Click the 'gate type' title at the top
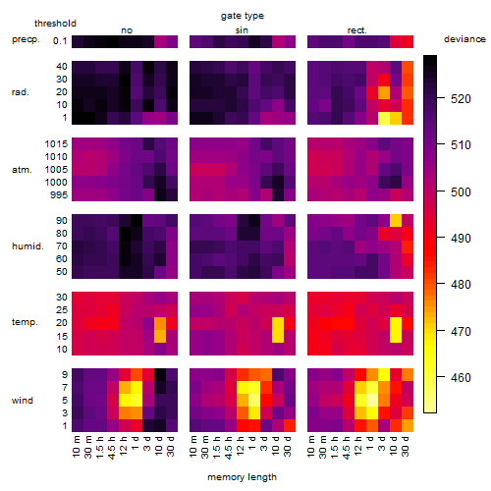(243, 16)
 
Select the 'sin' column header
(242, 30)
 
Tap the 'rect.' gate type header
(357, 30)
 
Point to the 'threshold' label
(55, 24)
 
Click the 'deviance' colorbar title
(464, 39)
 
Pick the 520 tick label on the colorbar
(461, 98)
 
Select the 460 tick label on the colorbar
(461, 377)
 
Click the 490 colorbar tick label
(461, 238)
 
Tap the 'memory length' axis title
(243, 477)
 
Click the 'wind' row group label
(23, 401)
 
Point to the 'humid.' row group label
(27, 246)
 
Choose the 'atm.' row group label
(22, 170)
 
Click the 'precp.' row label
(26, 39)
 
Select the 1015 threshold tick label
(56, 144)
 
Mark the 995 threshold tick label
(59, 195)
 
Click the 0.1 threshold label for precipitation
(60, 41)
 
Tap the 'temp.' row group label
(25, 322)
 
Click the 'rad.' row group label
(21, 92)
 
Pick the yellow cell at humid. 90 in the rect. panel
(396, 221)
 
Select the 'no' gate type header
(127, 30)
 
